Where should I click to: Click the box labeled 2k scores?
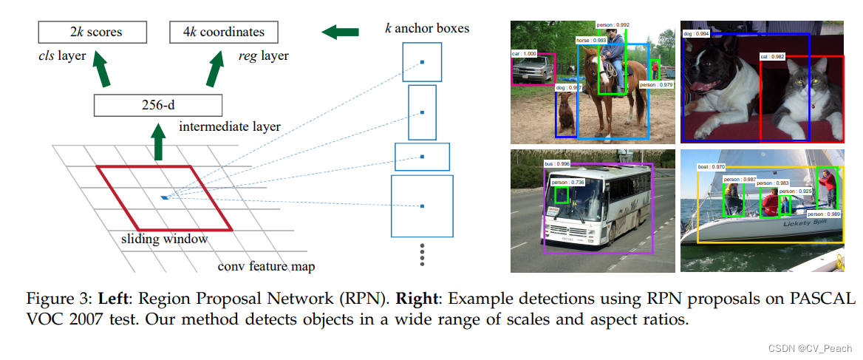92,33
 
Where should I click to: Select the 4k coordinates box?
224,33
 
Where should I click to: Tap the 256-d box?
158,105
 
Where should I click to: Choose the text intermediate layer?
229,127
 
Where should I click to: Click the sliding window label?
165,240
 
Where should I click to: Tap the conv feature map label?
262,266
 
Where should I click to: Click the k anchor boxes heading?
426,29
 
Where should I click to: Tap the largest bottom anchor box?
422,206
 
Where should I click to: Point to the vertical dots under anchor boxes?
422,254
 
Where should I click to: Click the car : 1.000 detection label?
525,53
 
